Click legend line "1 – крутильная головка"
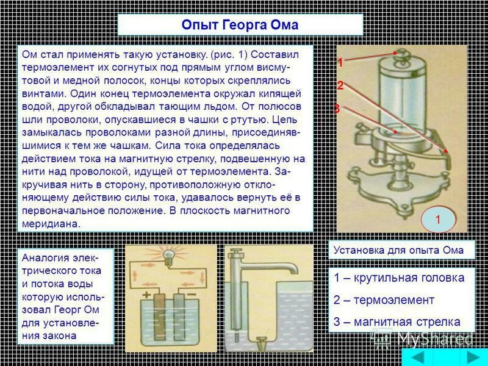point(399,278)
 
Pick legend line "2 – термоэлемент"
point(384,300)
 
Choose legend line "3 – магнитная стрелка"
point(396,322)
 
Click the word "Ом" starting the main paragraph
point(29,54)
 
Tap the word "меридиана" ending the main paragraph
point(51,224)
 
